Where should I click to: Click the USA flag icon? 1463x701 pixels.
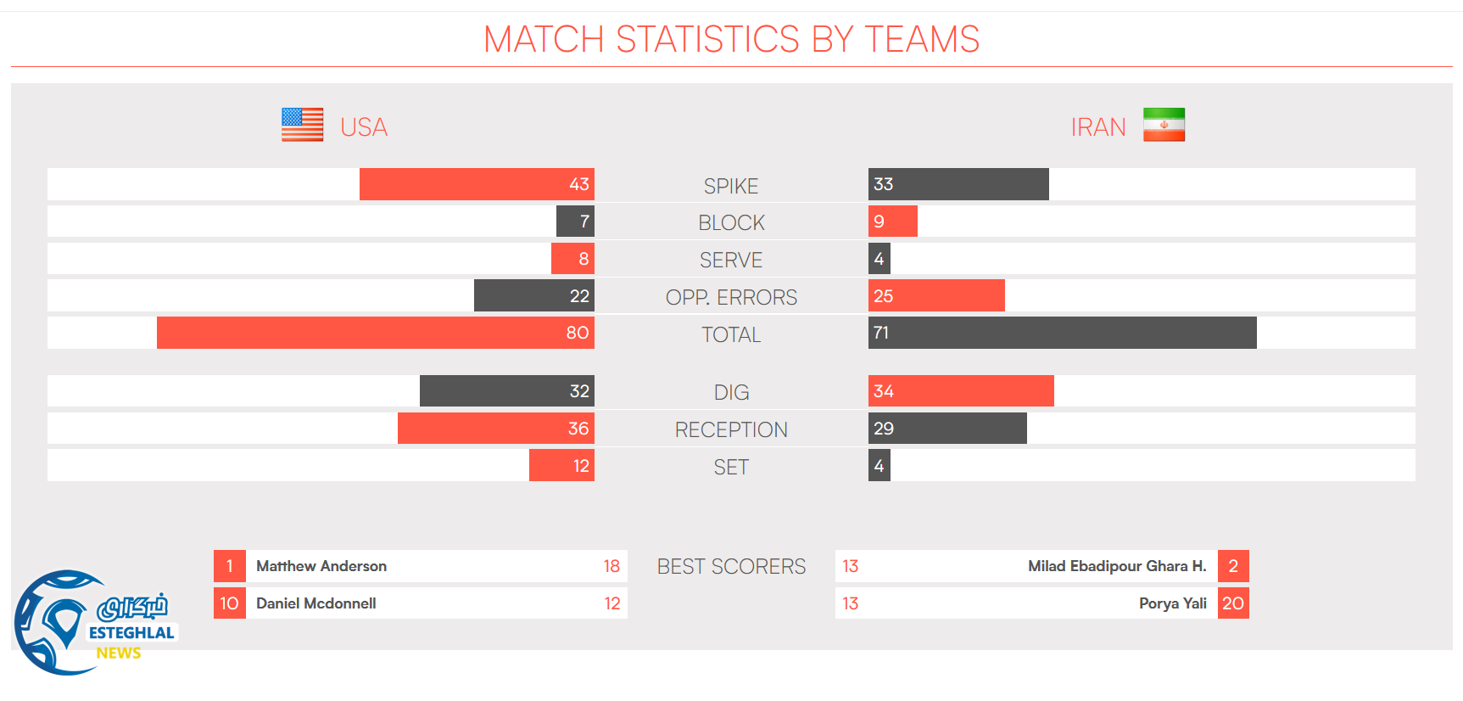[x=302, y=125]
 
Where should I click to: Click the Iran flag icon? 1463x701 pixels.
[x=1164, y=125]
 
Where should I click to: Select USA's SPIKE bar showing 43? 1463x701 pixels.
[x=477, y=184]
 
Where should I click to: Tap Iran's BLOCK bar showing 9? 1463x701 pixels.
[x=892, y=222]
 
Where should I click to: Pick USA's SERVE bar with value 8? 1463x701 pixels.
[x=572, y=259]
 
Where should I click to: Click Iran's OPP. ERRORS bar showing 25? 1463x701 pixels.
[x=936, y=296]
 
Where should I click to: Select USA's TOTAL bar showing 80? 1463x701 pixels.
[x=375, y=333]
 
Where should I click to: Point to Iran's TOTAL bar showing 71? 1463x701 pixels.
[x=1062, y=333]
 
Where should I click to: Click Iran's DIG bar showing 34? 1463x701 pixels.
[x=961, y=391]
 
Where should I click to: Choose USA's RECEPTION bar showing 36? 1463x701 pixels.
[x=495, y=429]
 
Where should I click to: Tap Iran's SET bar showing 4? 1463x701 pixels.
[x=879, y=466]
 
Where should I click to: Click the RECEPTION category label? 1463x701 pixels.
[x=731, y=429]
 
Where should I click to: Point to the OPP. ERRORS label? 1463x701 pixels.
[x=731, y=297]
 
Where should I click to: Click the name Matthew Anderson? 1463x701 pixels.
[x=321, y=566]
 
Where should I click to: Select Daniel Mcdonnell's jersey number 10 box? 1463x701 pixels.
[x=229, y=603]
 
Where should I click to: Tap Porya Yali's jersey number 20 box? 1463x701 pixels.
[x=1233, y=603]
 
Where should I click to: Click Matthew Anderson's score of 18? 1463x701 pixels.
[x=611, y=566]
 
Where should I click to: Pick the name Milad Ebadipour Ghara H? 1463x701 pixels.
[x=1116, y=566]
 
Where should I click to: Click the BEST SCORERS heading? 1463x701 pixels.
[x=731, y=566]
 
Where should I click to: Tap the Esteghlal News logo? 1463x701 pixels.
[x=93, y=623]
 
